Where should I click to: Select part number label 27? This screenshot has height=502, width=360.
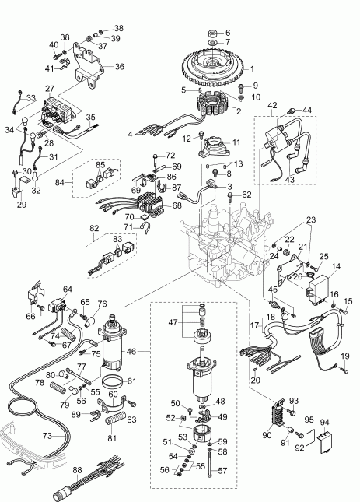[x=49, y=90]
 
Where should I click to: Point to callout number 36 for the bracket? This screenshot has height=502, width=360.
[x=119, y=67]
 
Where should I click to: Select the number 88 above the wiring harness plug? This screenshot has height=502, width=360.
[x=76, y=469]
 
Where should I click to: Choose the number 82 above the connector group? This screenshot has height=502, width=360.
[x=94, y=228]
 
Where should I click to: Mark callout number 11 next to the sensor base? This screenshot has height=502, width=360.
[x=236, y=142]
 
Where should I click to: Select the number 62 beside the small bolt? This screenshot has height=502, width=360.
[x=246, y=195]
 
